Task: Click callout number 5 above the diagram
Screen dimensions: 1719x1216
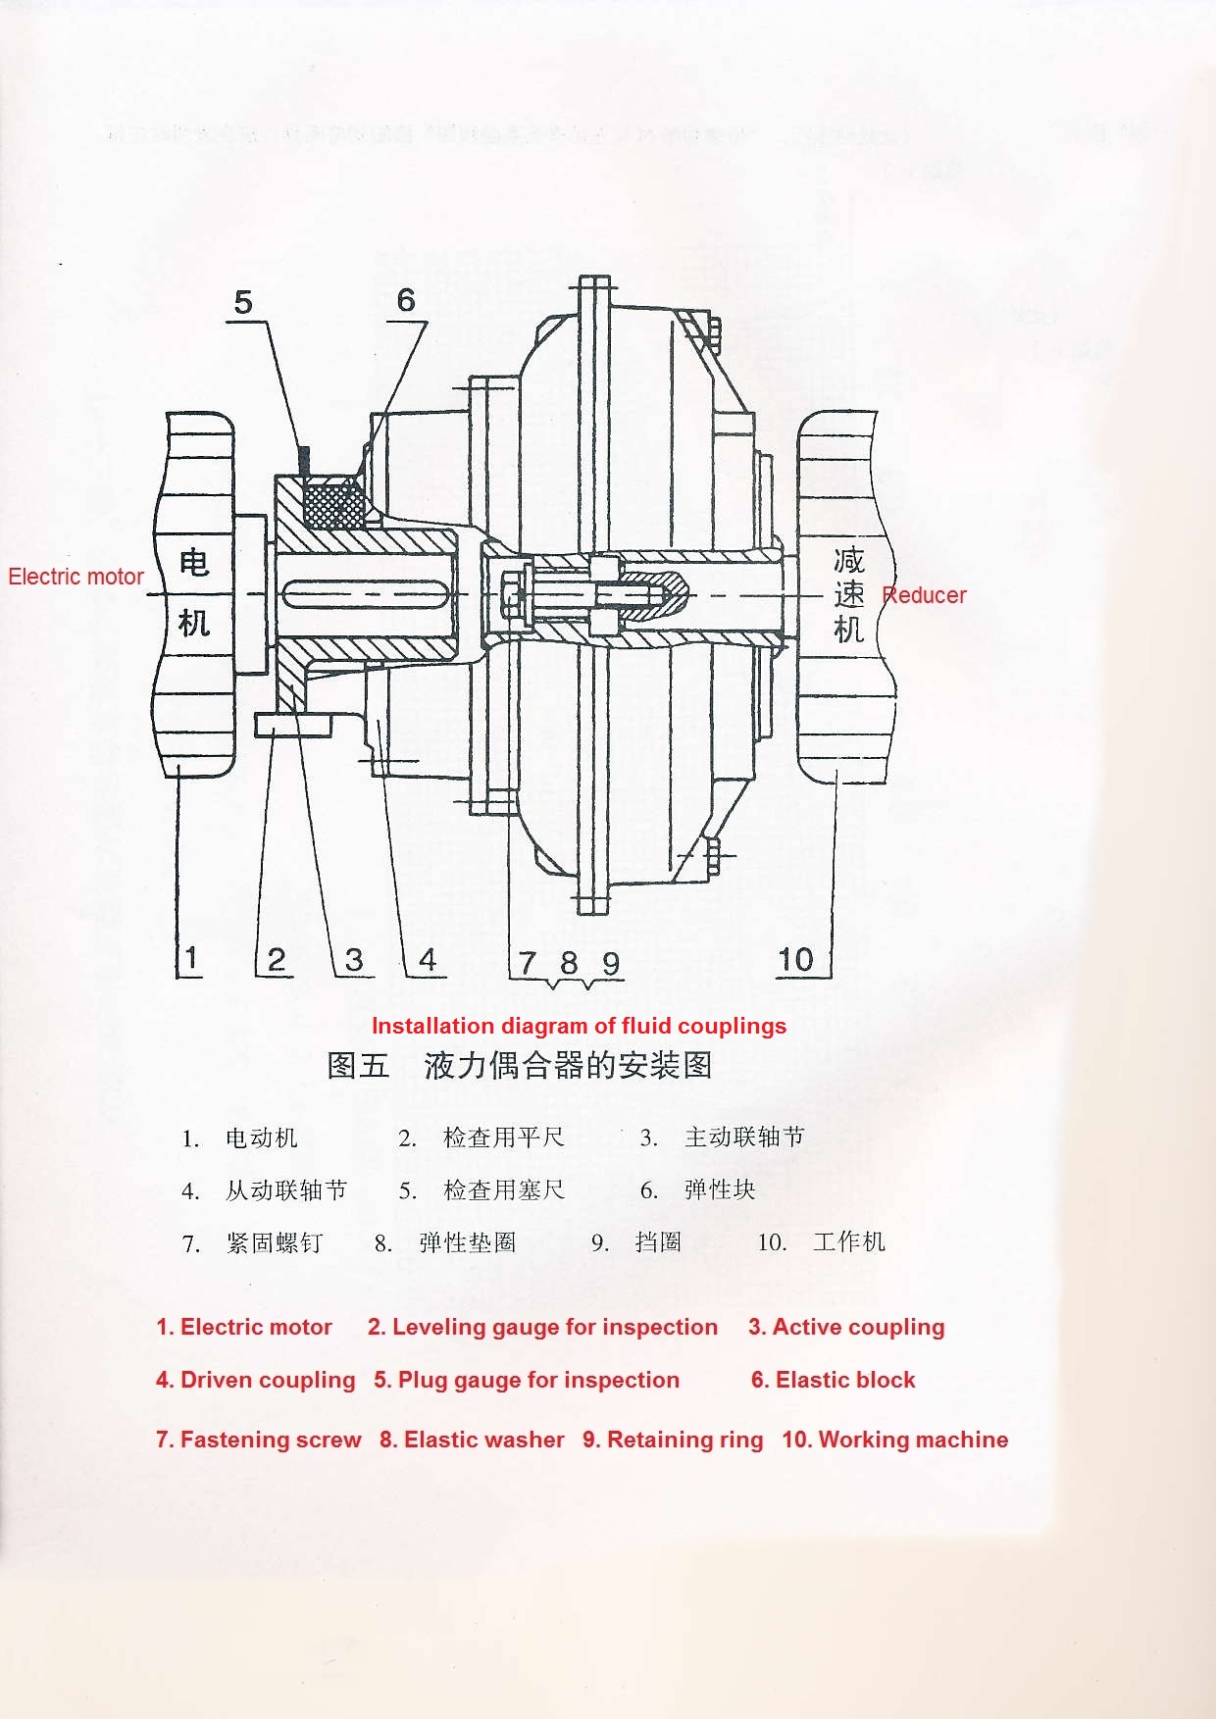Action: pyautogui.click(x=243, y=302)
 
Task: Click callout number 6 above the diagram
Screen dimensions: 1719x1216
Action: pyautogui.click(x=406, y=300)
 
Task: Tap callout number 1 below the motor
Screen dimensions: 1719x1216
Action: pyautogui.click(x=191, y=958)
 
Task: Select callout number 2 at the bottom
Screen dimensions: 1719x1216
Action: pyautogui.click(x=277, y=959)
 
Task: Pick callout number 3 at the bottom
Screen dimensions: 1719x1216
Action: pyautogui.click(x=354, y=959)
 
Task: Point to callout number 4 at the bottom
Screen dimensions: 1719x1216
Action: pyautogui.click(x=428, y=959)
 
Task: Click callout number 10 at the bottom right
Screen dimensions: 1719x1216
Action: pyautogui.click(x=795, y=959)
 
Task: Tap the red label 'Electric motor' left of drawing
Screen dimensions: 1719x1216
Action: pyautogui.click(x=76, y=577)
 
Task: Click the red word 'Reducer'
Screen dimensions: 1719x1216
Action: pyautogui.click(x=924, y=595)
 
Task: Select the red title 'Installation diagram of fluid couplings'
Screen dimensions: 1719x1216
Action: pyautogui.click(x=579, y=1026)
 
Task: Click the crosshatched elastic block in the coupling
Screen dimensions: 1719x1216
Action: pyautogui.click(x=334, y=506)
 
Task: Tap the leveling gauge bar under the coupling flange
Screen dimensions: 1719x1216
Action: pyautogui.click(x=293, y=725)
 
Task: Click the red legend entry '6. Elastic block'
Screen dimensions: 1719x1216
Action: pyautogui.click(x=833, y=1380)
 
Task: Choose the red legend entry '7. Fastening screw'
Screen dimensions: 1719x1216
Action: pyautogui.click(x=258, y=1440)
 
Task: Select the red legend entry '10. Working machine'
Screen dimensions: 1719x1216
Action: pyautogui.click(x=894, y=1440)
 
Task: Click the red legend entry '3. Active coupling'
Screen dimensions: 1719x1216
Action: pyautogui.click(x=846, y=1327)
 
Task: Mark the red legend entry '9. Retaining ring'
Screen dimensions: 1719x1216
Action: pyautogui.click(x=673, y=1440)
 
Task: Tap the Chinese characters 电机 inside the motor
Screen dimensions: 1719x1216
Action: pyautogui.click(x=194, y=593)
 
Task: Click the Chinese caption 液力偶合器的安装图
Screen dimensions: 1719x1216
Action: pyautogui.click(x=568, y=1066)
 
